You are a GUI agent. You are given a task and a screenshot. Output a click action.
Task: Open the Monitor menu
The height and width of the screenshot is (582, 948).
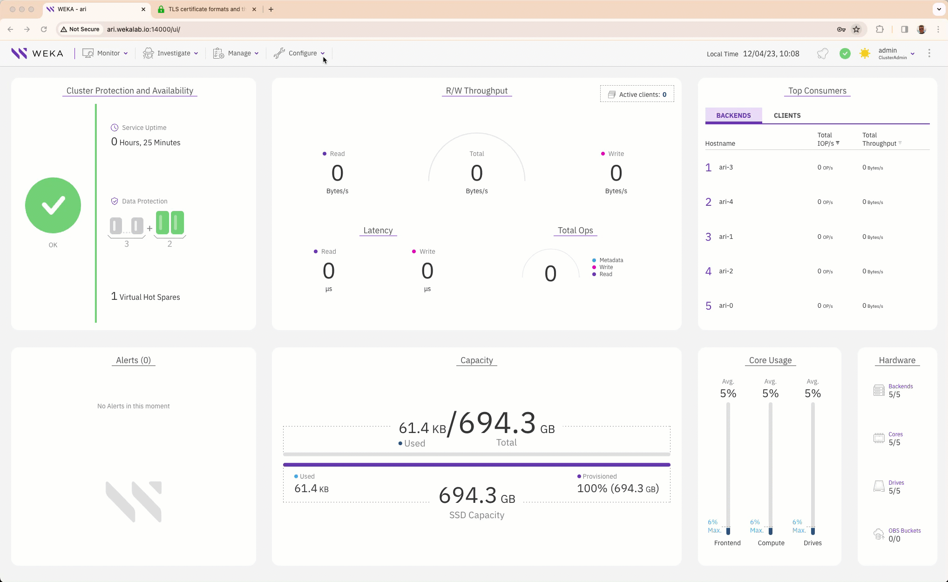pos(105,53)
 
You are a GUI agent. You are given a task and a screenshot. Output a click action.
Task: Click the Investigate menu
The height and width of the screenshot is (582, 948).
pos(170,53)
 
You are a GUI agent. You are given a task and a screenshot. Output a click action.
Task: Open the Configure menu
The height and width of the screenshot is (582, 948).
pos(299,53)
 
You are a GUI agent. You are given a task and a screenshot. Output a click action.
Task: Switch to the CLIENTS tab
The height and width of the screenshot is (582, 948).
pos(787,115)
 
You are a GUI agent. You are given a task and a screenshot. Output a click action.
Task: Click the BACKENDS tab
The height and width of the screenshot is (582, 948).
pos(733,115)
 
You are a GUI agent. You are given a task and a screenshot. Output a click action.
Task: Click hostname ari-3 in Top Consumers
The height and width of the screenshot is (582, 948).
pos(725,167)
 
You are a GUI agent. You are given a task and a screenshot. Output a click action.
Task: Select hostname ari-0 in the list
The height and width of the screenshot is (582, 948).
pos(725,305)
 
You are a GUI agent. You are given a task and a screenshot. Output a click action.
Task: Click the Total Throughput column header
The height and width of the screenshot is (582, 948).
pos(879,139)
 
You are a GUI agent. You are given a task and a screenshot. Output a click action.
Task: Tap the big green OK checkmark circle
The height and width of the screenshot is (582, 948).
pos(53,205)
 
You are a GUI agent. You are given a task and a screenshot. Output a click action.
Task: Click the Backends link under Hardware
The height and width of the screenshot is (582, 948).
pos(900,386)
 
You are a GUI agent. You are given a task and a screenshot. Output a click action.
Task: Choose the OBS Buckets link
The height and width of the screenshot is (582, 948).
pos(904,531)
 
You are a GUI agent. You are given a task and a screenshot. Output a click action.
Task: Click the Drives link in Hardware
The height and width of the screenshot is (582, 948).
pos(896,483)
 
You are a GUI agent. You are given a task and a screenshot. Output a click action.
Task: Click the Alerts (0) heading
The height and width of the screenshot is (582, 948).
pos(133,360)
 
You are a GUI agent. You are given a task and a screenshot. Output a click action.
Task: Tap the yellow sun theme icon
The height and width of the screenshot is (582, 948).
pos(865,54)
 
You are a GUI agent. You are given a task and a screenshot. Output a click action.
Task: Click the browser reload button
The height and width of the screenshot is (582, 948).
pos(44,29)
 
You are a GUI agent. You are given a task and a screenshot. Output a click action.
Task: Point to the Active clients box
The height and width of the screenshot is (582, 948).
pos(637,95)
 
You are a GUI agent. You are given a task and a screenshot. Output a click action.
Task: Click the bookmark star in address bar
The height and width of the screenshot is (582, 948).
pos(856,29)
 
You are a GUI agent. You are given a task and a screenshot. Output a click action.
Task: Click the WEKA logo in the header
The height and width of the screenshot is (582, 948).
pos(37,53)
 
